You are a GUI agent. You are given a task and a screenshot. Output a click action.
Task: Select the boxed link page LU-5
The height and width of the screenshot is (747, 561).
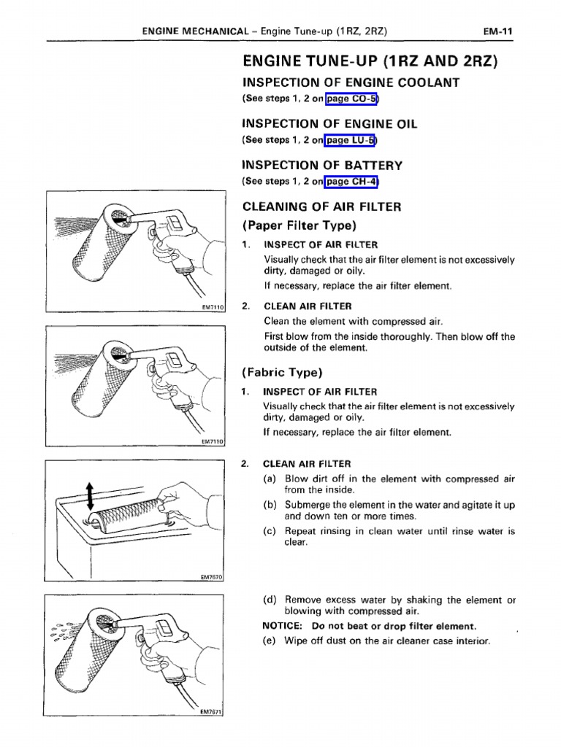(351, 140)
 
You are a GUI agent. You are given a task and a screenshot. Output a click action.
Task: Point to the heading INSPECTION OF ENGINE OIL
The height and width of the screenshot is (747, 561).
(329, 124)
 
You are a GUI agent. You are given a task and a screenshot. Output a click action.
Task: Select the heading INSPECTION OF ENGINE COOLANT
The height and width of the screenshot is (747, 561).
(351, 82)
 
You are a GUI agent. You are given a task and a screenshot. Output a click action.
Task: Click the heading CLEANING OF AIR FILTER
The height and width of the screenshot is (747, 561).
(321, 207)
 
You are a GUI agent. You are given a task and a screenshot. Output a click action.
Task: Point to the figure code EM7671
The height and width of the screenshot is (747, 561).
(212, 712)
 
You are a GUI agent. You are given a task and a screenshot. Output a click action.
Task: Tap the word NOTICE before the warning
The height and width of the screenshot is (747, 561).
(283, 626)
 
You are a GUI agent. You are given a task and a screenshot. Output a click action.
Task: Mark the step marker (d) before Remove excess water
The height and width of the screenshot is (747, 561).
(270, 600)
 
